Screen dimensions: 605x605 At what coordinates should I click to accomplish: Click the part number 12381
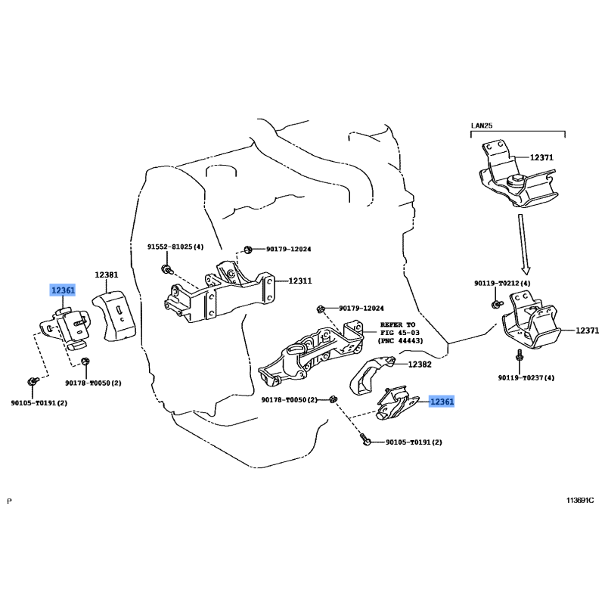[x=106, y=275]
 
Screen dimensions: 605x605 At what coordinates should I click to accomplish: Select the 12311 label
[x=299, y=281]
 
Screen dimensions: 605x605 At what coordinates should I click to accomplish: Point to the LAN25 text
[x=481, y=125]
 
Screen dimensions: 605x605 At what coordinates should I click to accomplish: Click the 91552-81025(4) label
[x=175, y=247]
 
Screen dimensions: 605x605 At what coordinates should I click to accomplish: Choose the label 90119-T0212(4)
[x=503, y=283]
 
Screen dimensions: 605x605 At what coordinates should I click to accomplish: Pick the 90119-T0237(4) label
[x=526, y=378]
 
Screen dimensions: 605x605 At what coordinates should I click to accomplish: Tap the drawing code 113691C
[x=581, y=501]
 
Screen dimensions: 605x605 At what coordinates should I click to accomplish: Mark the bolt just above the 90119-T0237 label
[x=519, y=355]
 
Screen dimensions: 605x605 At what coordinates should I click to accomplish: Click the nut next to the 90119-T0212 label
[x=496, y=303]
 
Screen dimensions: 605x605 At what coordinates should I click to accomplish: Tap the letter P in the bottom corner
[x=9, y=501]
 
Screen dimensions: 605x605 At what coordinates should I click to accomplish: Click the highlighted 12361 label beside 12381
[x=63, y=290]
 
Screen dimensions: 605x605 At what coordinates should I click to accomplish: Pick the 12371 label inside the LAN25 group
[x=541, y=157]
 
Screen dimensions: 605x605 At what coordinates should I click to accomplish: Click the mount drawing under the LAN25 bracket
[x=532, y=327]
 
